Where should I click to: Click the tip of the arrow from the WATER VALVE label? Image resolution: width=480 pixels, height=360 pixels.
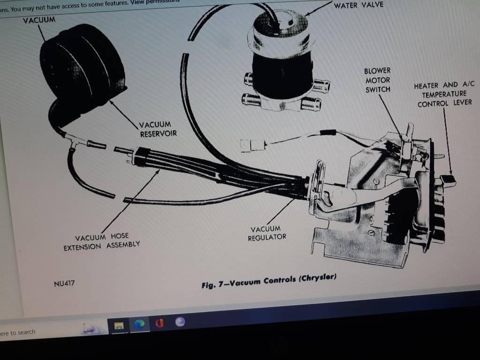305,15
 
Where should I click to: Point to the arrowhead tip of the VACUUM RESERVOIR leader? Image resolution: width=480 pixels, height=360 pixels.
109,101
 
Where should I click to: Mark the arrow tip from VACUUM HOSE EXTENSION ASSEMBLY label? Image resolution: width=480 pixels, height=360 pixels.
160,169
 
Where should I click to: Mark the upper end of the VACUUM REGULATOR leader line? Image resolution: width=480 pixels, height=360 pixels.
294,199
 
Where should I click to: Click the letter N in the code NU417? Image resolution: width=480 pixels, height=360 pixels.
56,285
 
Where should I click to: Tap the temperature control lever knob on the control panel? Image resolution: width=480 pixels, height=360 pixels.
448,180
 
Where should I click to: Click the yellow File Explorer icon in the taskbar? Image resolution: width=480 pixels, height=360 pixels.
119,325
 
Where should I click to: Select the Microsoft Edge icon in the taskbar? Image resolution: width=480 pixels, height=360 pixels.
139,324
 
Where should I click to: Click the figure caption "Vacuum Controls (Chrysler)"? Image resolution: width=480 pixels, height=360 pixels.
283,280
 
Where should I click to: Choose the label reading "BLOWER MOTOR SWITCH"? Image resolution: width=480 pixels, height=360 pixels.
377,80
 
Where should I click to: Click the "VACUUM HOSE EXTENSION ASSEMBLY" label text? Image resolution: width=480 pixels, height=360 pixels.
102,241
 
